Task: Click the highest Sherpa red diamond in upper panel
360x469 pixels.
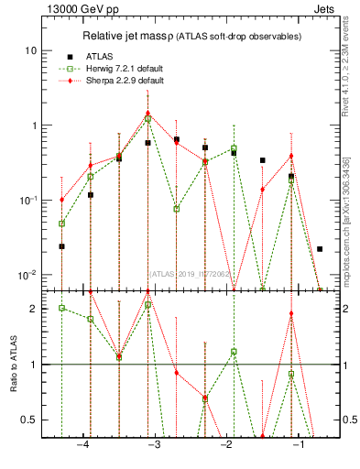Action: click(x=147, y=113)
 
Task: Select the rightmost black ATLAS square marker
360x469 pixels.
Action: click(x=320, y=249)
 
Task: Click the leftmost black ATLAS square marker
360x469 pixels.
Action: click(x=61, y=246)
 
